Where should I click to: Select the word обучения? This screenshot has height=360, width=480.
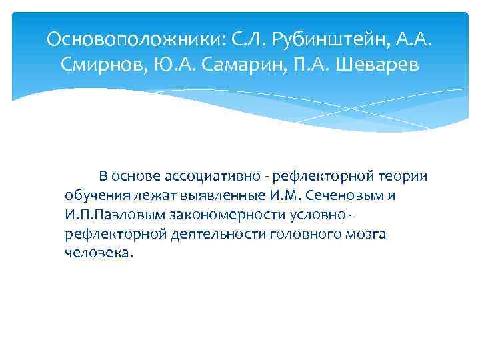95,196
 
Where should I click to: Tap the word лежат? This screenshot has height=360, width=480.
153,196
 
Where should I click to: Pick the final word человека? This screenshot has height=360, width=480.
99,254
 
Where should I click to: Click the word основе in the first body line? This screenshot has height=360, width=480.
136,177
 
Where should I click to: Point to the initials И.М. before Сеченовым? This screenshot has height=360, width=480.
289,196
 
